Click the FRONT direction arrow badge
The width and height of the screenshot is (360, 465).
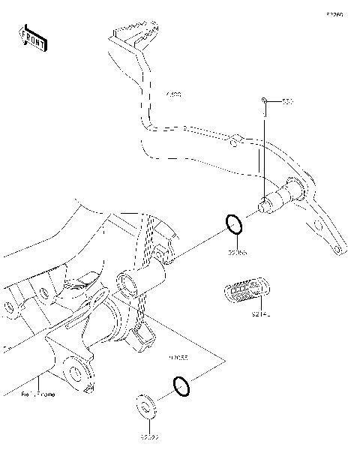pyautogui.click(x=32, y=37)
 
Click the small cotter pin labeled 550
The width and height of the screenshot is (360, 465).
pyautogui.click(x=265, y=100)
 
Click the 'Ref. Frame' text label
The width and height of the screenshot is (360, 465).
pyautogui.click(x=37, y=393)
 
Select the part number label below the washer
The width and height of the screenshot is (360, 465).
pyautogui.click(x=147, y=435)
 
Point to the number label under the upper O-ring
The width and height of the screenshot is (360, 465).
pyautogui.click(x=237, y=253)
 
